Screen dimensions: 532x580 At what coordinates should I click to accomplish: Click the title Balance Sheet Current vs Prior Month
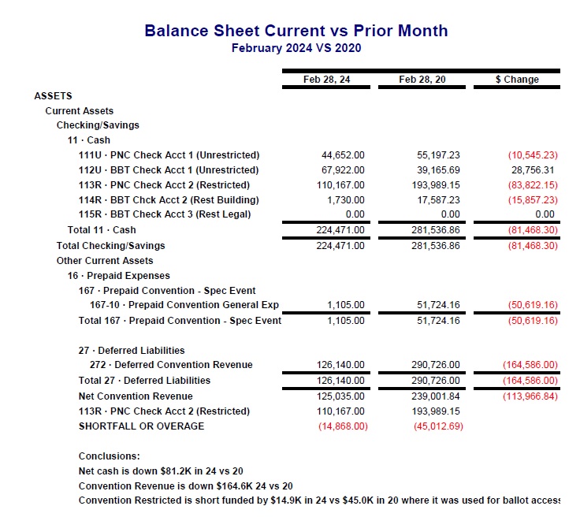296,31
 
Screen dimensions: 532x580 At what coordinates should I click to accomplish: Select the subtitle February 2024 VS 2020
296,48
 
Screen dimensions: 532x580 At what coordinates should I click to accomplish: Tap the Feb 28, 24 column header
326,80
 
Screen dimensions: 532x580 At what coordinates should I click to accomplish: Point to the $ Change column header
517,80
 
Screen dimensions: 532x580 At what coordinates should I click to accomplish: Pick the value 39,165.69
438,170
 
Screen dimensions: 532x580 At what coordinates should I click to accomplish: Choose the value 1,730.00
348,200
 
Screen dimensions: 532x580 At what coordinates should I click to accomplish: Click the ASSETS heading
53,96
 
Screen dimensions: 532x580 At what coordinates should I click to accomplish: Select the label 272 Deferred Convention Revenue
171,365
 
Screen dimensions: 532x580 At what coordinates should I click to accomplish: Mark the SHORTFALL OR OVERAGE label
141,426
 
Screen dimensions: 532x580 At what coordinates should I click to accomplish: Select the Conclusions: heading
109,456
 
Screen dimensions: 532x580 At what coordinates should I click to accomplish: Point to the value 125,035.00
340,396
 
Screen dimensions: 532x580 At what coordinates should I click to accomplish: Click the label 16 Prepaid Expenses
118,276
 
